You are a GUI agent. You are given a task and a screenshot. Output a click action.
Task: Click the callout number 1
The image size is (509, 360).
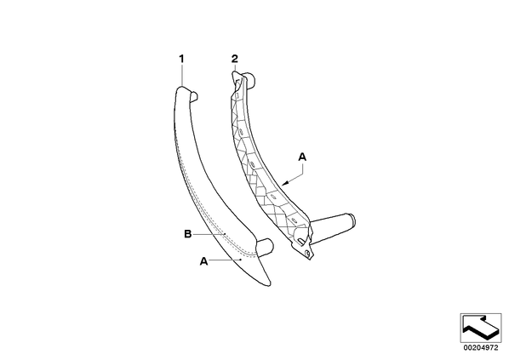(x=181, y=59)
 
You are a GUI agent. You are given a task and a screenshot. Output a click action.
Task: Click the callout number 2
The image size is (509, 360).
(x=234, y=59)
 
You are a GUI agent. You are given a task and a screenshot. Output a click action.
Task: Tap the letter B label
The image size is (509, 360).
(x=187, y=234)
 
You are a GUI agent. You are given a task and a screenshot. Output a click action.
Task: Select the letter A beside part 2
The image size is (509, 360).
(x=302, y=157)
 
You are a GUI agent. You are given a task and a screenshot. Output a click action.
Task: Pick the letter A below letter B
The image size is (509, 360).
(x=203, y=261)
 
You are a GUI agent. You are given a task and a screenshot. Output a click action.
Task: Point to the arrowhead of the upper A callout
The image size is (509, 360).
(x=284, y=185)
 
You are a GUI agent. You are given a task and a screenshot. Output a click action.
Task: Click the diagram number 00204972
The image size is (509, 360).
(x=480, y=348)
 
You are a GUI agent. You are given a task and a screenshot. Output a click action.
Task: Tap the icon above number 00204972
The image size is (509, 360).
(x=481, y=328)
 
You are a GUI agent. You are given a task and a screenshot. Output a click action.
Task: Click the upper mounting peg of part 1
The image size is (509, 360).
(x=193, y=96)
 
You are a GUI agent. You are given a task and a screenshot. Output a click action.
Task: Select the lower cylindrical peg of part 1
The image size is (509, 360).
(x=266, y=247)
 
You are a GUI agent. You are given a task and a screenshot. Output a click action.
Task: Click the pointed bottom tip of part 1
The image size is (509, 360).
(x=269, y=285)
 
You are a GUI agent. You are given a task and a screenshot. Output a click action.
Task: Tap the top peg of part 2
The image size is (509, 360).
(x=249, y=80)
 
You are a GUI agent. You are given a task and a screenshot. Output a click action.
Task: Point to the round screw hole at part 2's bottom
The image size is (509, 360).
(x=306, y=254)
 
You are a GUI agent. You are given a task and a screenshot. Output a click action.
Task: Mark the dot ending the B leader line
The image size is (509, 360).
(x=225, y=234)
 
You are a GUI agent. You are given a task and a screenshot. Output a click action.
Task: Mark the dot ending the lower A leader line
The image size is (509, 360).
(x=240, y=260)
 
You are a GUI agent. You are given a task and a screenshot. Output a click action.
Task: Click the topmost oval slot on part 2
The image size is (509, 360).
(x=237, y=96)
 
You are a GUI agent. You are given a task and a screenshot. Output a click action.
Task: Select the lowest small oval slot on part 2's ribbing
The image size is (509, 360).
(x=295, y=220)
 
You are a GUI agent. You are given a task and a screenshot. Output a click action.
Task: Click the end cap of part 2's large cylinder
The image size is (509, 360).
(x=352, y=221)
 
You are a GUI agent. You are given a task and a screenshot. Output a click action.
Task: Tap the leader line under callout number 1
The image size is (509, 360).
(x=182, y=75)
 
